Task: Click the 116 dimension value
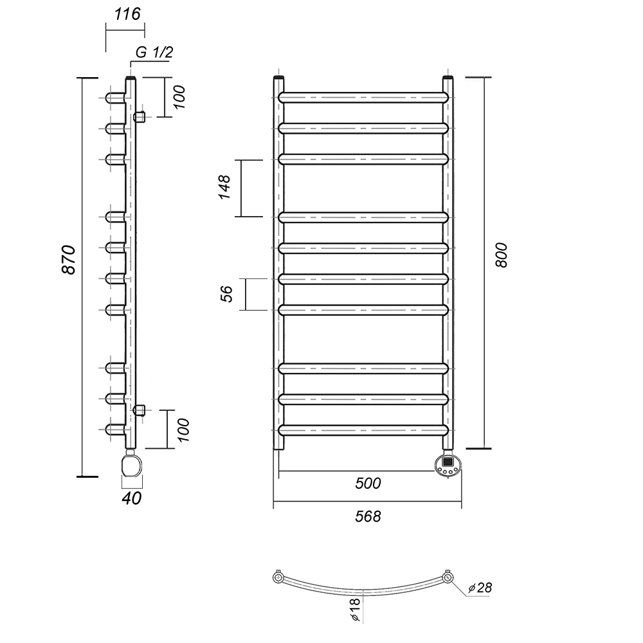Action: click(127, 14)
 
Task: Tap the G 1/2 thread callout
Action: click(154, 53)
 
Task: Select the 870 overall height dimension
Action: click(69, 260)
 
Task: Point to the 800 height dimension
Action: click(501, 255)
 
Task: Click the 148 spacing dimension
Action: click(224, 187)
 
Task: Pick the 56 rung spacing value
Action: click(226, 294)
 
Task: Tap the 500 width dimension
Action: click(368, 484)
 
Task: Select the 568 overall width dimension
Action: click(368, 516)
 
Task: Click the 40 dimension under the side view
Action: click(132, 498)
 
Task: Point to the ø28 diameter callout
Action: click(480, 588)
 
